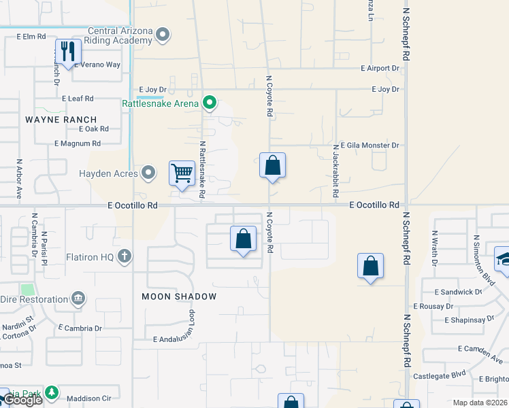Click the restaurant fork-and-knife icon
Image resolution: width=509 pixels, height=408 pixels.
(68, 52)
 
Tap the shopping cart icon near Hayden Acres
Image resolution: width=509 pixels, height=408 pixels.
(182, 173)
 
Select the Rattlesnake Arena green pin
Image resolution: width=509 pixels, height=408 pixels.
(210, 103)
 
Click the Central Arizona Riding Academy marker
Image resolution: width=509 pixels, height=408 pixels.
(162, 34)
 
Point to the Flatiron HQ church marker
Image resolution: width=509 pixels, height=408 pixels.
(124, 256)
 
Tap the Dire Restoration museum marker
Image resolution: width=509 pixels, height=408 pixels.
(78, 299)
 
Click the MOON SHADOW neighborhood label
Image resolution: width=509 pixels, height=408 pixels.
(179, 296)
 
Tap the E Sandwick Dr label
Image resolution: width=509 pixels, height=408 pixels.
(457, 292)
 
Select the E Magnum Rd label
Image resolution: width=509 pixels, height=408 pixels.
(78, 143)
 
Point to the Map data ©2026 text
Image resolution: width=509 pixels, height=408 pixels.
(480, 403)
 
